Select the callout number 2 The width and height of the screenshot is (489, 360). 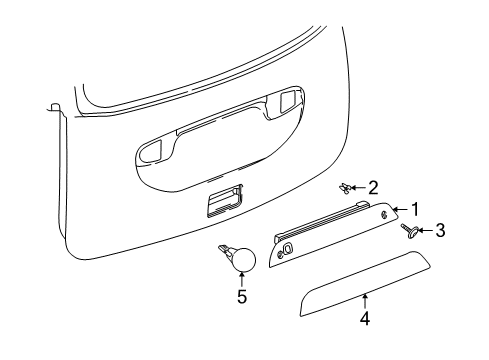(373, 186)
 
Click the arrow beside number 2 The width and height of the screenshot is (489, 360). (359, 186)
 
